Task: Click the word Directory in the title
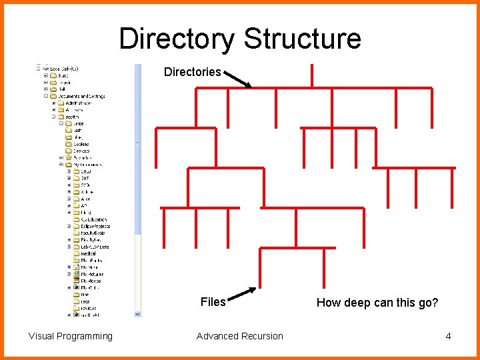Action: tap(176, 39)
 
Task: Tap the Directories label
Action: tap(192, 72)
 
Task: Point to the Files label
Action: tap(213, 302)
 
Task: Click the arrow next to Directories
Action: tap(238, 79)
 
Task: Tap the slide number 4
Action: tap(448, 336)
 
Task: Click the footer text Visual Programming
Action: tap(71, 336)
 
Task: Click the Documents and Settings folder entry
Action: tap(81, 96)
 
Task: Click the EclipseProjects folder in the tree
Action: tap(95, 226)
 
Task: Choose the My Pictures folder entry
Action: tap(91, 274)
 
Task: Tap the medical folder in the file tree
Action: tap(88, 253)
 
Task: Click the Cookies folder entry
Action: tap(81, 144)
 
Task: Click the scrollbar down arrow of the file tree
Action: tap(138, 313)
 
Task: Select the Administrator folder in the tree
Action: tap(79, 103)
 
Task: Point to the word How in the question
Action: tap(328, 303)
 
